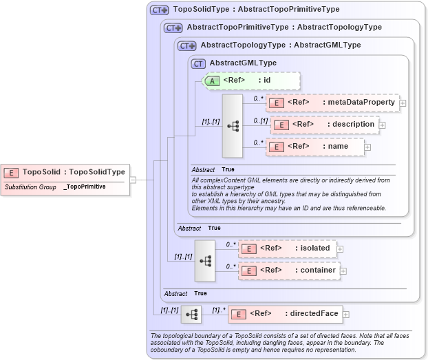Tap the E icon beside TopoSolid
pos(12,172)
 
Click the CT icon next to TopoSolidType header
pos(160,10)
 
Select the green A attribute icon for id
pos(212,81)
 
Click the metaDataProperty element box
pos(332,103)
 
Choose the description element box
pos(325,125)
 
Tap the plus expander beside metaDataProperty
pos(403,103)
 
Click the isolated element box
pos(288,248)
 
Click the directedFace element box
pos(285,315)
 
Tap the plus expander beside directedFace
pos(345,315)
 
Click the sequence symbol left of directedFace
pos(191,315)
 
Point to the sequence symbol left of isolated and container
pos(205,260)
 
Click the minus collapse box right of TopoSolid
pos(133,180)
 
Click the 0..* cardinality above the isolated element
pos(231,244)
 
